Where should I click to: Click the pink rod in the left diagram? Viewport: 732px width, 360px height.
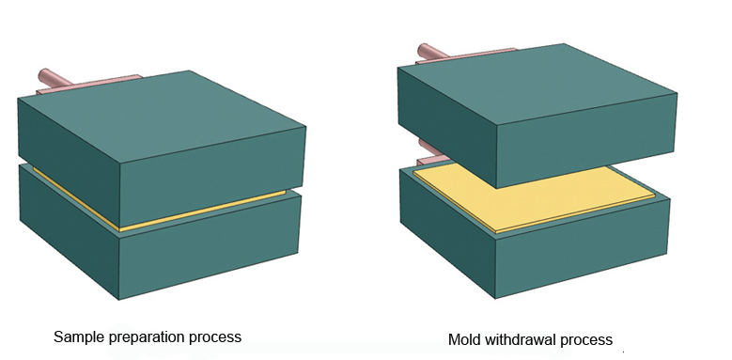pyautogui.click(x=55, y=78)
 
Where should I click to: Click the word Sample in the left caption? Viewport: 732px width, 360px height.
pyautogui.click(x=79, y=337)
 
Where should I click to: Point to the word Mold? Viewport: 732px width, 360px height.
pyautogui.click(x=465, y=339)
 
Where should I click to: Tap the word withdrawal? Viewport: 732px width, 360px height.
pyautogui.click(x=521, y=339)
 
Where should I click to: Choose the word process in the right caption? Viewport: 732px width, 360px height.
pyautogui.click(x=586, y=340)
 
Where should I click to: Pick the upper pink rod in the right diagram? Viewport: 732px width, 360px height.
pyautogui.click(x=431, y=52)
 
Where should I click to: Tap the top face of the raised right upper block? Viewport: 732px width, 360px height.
pyautogui.click(x=537, y=83)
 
